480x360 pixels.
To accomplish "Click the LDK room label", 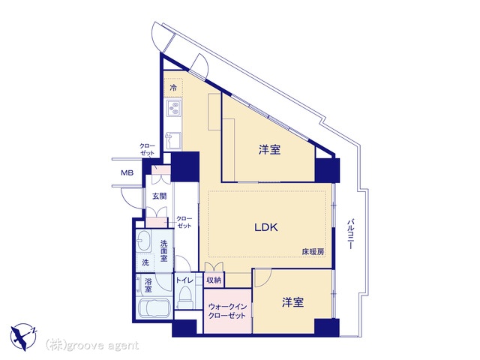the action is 266,227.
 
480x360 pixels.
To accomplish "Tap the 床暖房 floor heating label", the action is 313,252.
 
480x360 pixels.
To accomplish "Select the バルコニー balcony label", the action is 351,233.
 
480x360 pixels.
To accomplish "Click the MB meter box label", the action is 127,173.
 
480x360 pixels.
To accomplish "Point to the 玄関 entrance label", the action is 159,196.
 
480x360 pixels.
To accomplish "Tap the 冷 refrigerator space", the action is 173,88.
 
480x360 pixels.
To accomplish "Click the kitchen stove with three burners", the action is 174,108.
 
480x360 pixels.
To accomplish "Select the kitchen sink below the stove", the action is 173,140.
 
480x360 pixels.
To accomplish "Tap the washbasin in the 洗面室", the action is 143,241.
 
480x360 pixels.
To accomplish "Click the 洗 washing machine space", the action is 145,262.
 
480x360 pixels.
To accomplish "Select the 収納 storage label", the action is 214,280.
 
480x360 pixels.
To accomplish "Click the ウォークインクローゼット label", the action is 227,311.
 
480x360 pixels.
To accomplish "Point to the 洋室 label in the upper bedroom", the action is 270,150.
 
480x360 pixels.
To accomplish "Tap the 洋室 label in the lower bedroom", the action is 293,302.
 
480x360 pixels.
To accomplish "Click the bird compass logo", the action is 23,337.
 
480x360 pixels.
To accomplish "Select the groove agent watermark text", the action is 92,345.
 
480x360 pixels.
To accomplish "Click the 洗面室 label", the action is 164,250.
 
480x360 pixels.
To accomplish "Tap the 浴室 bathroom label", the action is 148,285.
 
